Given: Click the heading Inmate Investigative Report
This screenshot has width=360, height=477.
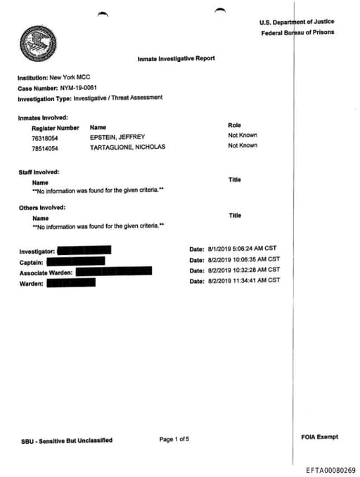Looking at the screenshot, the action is [176, 58].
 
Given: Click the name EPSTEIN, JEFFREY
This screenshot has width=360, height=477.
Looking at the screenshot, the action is [118, 137].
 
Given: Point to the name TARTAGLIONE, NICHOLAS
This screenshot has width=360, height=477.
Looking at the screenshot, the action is [128, 148].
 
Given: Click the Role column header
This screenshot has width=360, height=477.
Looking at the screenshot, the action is [234, 125].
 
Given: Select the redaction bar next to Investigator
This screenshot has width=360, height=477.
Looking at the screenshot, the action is [83, 250].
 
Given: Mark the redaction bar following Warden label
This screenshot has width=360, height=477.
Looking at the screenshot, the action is [70, 283].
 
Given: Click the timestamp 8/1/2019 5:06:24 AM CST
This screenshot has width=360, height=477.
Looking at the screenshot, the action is [244, 249].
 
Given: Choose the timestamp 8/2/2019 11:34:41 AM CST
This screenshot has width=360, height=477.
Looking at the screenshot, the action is [244, 280].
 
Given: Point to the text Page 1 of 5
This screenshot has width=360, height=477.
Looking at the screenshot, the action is [174, 439].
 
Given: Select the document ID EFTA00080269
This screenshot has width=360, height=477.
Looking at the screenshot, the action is [331, 470].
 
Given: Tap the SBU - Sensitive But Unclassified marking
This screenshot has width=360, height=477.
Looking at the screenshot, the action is [67, 440].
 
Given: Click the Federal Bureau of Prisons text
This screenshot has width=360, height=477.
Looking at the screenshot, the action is [298, 32].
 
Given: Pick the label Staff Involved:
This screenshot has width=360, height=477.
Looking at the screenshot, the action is [39, 171].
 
